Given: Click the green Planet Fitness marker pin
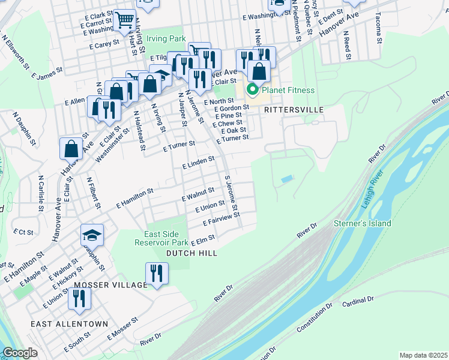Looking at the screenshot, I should pos(253,91).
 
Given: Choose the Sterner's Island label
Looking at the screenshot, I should pos(362,224).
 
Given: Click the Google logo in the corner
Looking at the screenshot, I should pos(20,353).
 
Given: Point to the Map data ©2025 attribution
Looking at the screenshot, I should pos(423,355).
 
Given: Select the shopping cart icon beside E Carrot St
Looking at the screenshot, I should pos(124,20).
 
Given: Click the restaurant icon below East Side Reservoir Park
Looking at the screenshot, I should pos(157,274).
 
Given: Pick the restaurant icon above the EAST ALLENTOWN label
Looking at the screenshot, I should pos(79,298).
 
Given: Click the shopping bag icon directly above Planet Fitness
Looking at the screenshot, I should pos(259,71).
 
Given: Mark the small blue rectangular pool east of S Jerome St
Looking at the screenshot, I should pos(288,179).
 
